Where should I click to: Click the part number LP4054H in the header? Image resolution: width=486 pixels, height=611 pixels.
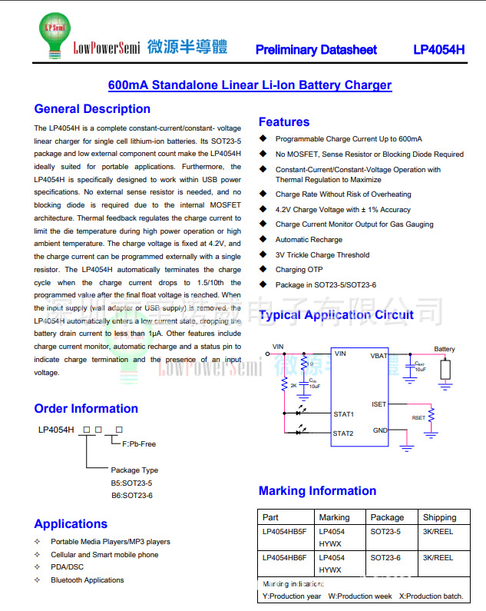coord(438,50)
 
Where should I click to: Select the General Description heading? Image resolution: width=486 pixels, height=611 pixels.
coord(92,109)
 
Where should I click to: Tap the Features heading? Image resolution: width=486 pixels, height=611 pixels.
coord(284,122)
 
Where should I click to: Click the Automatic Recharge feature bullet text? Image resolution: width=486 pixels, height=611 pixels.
coord(309,240)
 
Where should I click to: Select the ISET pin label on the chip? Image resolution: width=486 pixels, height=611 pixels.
coord(379,404)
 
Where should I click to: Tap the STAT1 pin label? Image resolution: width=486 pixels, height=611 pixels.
coord(343,414)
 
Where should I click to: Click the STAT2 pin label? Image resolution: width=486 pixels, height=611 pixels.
coord(343,433)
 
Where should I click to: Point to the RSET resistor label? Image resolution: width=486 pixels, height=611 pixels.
coord(418,418)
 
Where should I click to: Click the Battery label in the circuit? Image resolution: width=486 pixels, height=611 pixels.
coord(445,350)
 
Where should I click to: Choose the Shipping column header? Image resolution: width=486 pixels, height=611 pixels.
coord(439,517)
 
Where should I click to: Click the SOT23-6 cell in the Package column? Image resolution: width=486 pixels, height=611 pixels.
coord(387,558)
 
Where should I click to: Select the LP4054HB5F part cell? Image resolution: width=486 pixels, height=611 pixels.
coord(284,531)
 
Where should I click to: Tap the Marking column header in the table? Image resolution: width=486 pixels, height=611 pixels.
coord(334,517)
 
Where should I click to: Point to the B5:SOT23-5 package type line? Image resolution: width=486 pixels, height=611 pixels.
coord(131,483)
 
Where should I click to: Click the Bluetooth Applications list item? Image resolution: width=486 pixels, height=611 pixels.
coord(87,580)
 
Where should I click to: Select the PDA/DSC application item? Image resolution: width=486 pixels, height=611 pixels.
coord(68,567)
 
